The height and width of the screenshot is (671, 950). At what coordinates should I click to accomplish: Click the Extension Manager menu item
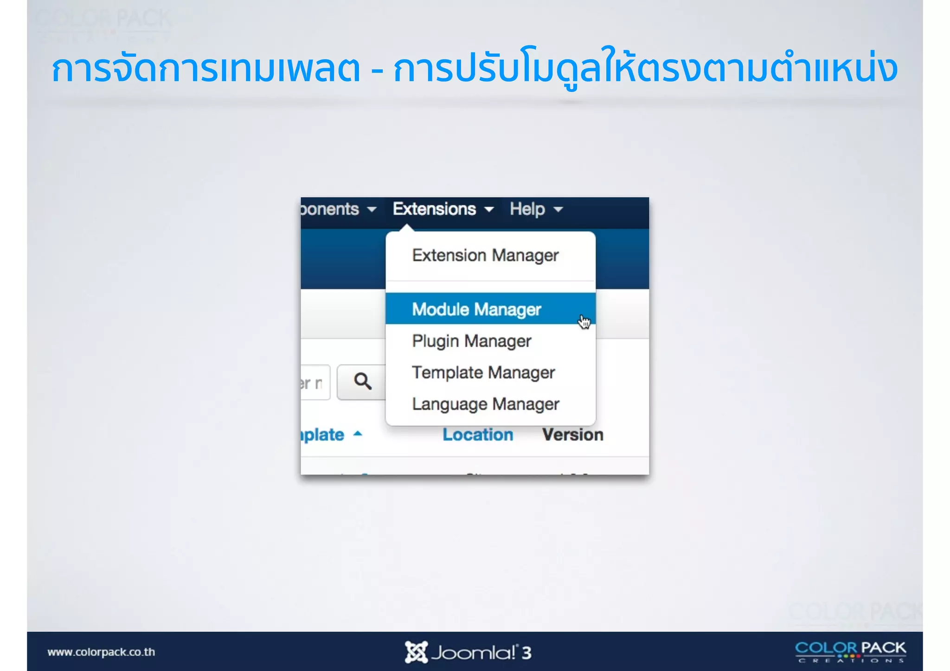(485, 256)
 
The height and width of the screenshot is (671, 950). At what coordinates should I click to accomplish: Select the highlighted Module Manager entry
(476, 309)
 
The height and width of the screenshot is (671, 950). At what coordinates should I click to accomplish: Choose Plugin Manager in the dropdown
(471, 341)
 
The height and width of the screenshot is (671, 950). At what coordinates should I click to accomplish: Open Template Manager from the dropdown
(483, 372)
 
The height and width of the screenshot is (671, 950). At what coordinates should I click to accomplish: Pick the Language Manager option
(485, 404)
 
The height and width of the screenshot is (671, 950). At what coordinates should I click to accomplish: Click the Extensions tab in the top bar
(434, 209)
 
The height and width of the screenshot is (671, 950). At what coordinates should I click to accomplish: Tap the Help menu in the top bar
(527, 209)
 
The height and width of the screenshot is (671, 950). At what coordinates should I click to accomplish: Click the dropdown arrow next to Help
(558, 210)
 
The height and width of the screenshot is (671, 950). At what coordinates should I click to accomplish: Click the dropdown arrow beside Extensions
(489, 210)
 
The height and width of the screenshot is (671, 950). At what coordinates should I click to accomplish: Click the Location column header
(477, 435)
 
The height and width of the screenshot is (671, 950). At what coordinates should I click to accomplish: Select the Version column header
(572, 435)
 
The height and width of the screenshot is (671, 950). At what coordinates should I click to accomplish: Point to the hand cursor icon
(584, 321)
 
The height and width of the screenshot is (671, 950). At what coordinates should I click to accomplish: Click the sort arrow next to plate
(357, 434)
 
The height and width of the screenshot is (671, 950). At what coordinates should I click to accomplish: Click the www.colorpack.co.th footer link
(101, 652)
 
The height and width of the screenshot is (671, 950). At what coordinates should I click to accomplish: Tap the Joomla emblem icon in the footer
(416, 652)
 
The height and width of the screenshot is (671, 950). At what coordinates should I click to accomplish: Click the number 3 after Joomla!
(526, 653)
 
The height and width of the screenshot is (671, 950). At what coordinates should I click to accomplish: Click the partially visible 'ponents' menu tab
(329, 209)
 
